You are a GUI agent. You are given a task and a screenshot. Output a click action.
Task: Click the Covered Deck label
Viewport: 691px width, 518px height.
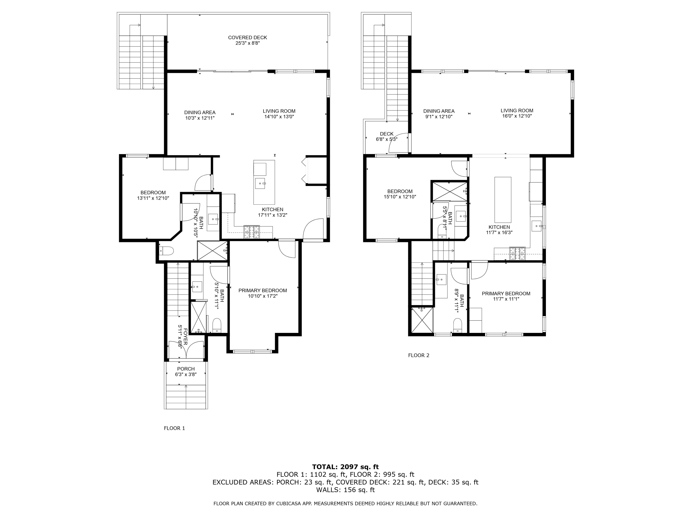[247, 38]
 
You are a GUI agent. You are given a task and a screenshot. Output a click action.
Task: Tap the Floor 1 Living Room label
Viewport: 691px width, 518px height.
[279, 111]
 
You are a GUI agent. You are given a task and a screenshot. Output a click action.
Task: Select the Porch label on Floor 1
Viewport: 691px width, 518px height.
[186, 369]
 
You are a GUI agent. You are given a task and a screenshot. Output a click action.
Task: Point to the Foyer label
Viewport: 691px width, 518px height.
[185, 337]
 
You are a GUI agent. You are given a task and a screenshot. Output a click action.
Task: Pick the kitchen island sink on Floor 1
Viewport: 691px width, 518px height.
[260, 183]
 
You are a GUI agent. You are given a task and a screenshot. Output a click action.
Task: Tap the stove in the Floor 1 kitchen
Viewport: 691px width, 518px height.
[252, 232]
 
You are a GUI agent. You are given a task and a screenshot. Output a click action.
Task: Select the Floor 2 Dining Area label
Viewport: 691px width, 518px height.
[439, 111]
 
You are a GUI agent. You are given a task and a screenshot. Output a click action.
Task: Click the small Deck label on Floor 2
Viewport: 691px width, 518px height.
[387, 134]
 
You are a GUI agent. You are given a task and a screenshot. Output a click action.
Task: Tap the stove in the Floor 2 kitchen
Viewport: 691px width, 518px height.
[517, 253]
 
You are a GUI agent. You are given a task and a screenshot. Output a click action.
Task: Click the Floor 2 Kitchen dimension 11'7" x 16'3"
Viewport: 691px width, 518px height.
[499, 233]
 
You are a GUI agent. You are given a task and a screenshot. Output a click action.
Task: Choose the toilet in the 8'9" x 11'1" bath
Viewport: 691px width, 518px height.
[458, 325]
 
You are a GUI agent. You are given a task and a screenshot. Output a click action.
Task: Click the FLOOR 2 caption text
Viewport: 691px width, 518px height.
[419, 355]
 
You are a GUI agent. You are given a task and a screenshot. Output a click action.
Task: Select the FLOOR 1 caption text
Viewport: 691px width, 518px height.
[174, 428]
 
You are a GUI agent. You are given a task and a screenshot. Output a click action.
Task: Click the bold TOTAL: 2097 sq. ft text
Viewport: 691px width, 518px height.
[345, 467]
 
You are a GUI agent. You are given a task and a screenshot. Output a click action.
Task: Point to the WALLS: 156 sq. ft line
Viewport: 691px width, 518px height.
[345, 490]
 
